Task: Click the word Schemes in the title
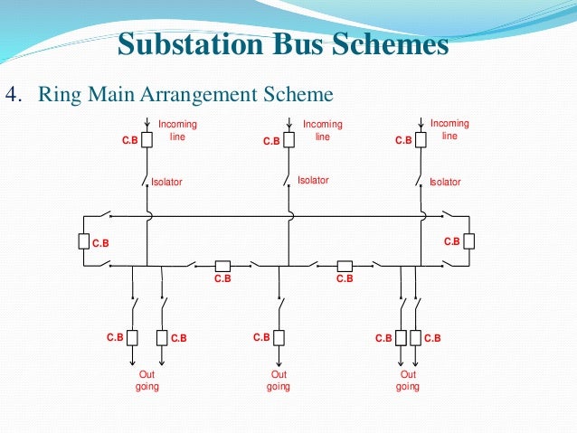coord(395,45)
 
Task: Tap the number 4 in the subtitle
coord(13,95)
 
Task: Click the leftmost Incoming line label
coord(177,130)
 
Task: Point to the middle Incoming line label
coord(323,130)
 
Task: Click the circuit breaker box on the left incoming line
coord(146,141)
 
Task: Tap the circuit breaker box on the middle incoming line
coord(288,141)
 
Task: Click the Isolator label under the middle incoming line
coord(313,181)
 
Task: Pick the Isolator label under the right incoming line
coord(445,182)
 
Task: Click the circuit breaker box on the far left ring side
coord(83,242)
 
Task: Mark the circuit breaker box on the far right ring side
coord(468,242)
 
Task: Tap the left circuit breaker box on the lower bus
coord(222,266)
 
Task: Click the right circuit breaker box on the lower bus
coord(345,266)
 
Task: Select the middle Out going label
coord(279,381)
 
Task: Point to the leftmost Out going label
coord(147,381)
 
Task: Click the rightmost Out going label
coord(408,381)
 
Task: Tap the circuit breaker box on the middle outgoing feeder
coord(279,337)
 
